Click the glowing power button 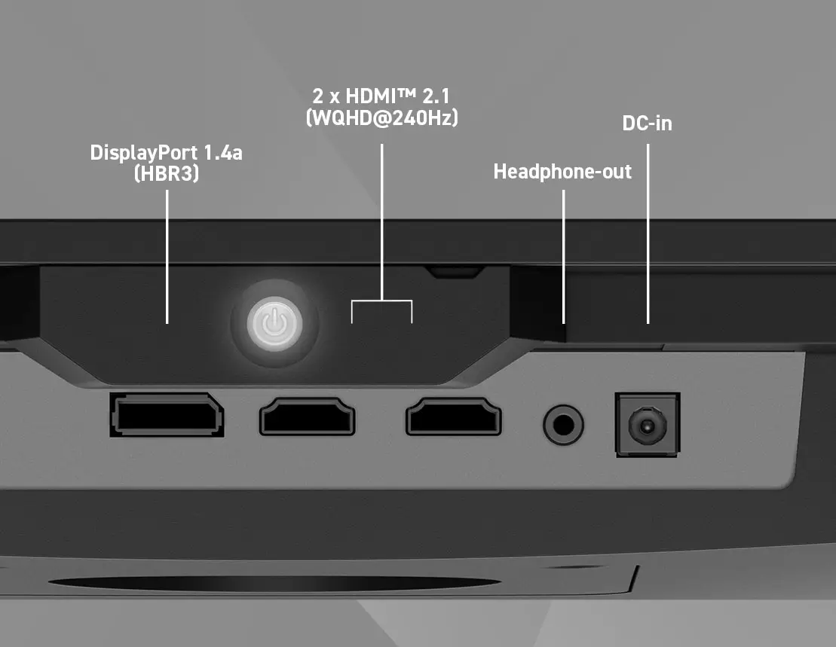point(274,324)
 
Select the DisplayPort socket point(167,415)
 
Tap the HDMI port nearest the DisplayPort point(307,417)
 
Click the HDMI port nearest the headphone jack point(454,417)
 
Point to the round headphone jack point(563,425)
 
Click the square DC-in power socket point(648,424)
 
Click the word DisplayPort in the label point(144,154)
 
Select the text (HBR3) point(167,173)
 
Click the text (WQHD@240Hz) point(381,117)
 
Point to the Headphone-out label point(562,172)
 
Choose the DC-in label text point(648,124)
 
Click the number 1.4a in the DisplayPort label point(223,154)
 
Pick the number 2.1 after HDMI point(436,96)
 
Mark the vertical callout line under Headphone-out point(564,257)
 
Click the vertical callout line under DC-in point(648,233)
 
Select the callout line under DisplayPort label point(167,257)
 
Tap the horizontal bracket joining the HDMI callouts point(381,301)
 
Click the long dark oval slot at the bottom point(274,583)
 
